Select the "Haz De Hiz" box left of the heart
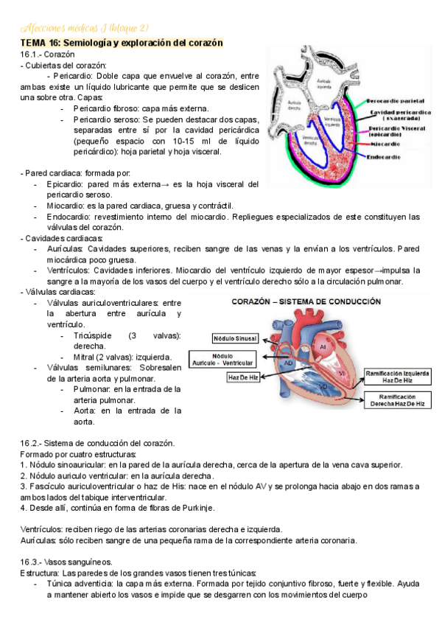[243, 377]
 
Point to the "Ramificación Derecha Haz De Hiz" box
[397, 400]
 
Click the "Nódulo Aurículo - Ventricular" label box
[233, 359]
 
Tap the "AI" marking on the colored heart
[322, 346]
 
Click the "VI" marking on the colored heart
[342, 373]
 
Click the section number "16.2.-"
[31, 443]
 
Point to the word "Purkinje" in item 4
[195, 508]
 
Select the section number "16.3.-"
[31, 562]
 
